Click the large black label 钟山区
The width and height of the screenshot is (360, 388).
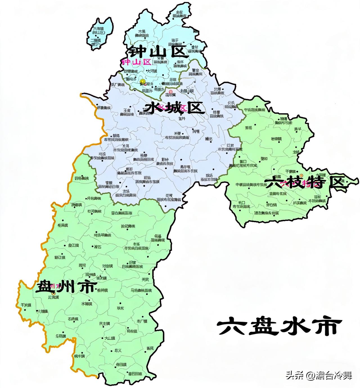click(158, 52)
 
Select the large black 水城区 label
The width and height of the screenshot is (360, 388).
click(174, 108)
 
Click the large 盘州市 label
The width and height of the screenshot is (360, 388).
click(66, 287)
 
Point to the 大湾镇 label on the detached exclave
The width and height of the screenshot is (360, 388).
click(99, 29)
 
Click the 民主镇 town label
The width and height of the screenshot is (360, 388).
click(105, 324)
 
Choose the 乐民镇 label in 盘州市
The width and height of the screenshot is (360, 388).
click(60, 336)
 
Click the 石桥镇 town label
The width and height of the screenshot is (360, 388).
click(73, 319)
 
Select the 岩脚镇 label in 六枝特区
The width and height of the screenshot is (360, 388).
click(276, 139)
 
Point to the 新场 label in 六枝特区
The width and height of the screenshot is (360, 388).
click(249, 128)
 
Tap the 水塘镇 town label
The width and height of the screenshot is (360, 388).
click(87, 304)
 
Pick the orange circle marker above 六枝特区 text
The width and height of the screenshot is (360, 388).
click(301, 175)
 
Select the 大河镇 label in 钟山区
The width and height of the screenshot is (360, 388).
click(152, 71)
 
